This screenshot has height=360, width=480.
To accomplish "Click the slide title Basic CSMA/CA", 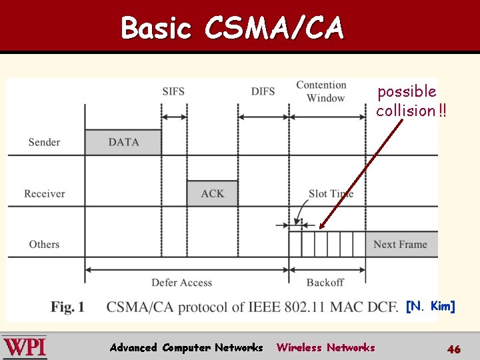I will coord(232,28).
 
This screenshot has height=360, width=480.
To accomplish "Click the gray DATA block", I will coord(123,142).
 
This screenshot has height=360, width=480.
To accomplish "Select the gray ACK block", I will coord(213,193).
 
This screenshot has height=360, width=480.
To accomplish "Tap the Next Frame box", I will coord(401,244).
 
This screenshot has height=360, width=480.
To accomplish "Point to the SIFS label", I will coord(173,91).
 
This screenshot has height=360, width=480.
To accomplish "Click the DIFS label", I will coord(263,91).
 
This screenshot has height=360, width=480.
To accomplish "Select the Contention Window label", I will coord(321,91).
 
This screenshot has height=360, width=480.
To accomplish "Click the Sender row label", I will coord(44,142).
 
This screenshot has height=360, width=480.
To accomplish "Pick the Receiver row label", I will coord(45,193).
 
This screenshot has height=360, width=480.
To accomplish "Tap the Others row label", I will coord(44,244).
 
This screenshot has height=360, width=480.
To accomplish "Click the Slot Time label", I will coord(331,193).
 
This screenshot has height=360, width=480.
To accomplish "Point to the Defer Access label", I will coord(181,283).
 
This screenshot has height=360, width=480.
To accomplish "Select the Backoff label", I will coord(325,283).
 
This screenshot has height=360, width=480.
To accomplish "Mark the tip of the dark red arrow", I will coord(320,229).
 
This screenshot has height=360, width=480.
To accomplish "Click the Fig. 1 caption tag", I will coord(67,307).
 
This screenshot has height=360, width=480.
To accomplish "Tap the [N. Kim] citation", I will coord(430,306).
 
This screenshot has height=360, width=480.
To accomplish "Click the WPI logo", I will coord(25,347).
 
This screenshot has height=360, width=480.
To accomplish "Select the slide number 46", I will coord(453,349).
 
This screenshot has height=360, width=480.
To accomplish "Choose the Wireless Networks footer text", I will coord(325,347).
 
